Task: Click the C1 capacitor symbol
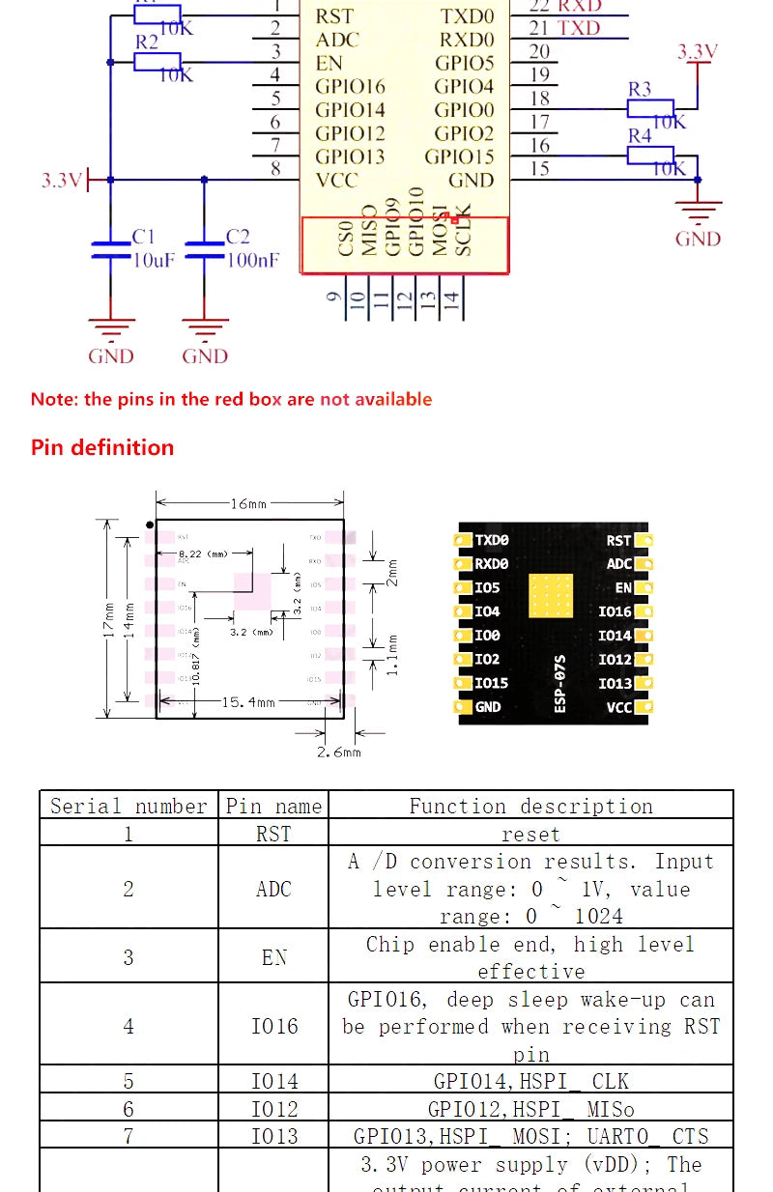point(111,250)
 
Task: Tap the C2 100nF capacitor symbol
point(205,250)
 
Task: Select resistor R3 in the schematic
point(650,108)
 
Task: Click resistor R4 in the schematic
point(650,155)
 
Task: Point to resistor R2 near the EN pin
point(157,62)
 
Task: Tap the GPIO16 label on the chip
point(350,87)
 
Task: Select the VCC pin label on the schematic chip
point(336,180)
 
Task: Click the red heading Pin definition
point(102,447)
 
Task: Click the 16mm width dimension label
point(248,503)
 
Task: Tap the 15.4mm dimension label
point(249,702)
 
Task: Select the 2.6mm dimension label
point(338,752)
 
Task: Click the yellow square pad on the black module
point(551,597)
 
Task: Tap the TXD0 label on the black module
point(492,541)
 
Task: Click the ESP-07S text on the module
point(560,688)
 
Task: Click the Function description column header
point(530,806)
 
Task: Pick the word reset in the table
point(530,834)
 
